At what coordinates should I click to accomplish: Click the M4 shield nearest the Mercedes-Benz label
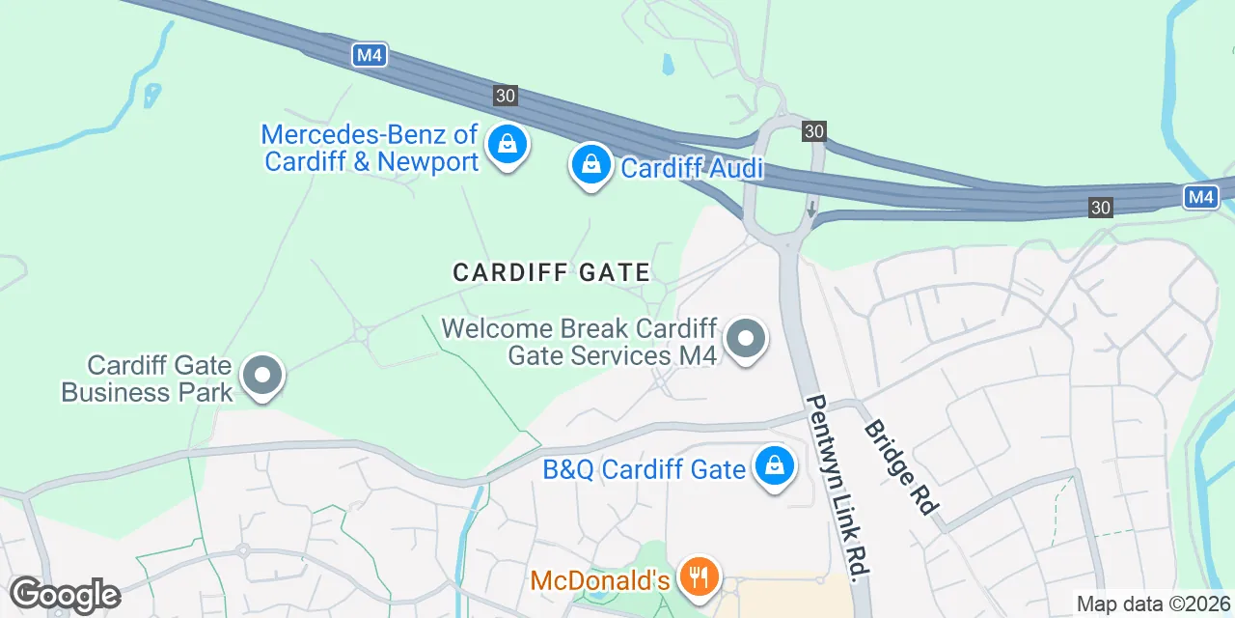click(370, 55)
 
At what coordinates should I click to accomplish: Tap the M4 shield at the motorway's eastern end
click(1201, 197)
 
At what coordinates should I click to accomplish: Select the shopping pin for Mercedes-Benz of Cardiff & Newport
click(506, 146)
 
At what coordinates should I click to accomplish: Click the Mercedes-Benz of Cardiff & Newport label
click(370, 147)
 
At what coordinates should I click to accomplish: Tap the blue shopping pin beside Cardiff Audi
click(591, 166)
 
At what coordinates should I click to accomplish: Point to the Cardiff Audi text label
click(692, 169)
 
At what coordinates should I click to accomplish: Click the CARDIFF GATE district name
click(552, 272)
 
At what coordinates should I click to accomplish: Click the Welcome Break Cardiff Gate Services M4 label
click(579, 342)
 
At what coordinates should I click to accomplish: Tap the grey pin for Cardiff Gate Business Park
click(262, 378)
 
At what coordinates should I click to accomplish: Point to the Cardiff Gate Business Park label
click(147, 379)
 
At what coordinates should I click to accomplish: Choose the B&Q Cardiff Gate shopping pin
click(774, 466)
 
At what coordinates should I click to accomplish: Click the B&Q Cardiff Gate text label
click(644, 470)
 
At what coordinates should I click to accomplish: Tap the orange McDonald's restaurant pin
click(698, 577)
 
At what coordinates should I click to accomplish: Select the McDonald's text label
click(600, 580)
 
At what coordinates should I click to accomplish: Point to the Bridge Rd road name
click(901, 467)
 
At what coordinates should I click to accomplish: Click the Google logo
click(65, 595)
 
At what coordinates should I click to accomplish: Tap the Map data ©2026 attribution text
click(1153, 604)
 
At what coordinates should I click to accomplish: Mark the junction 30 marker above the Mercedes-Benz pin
click(506, 96)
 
